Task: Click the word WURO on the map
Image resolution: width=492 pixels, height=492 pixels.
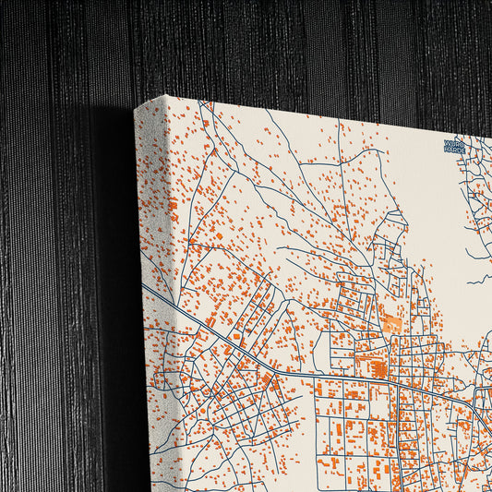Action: coord(456,144)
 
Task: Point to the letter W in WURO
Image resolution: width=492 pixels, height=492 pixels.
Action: coord(447,144)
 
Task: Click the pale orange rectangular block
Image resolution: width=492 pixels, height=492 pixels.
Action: coord(392,323)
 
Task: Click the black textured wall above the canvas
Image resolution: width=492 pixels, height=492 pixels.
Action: coord(277,46)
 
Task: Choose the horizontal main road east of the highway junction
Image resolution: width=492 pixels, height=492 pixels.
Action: coord(351,378)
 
